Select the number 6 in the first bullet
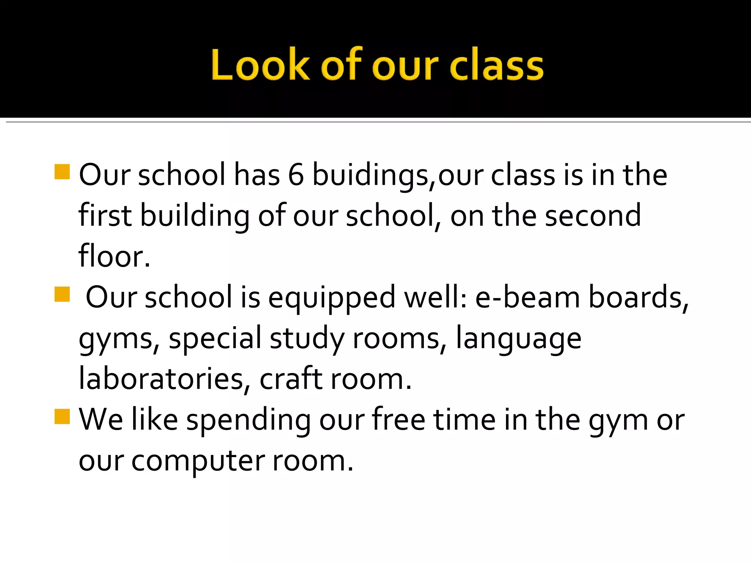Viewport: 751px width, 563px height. click(296, 175)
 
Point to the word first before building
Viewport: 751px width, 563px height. click(105, 215)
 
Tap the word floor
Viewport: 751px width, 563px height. click(114, 256)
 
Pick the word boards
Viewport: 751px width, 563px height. click(638, 297)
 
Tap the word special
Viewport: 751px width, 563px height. click(215, 338)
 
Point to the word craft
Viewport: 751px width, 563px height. click(291, 379)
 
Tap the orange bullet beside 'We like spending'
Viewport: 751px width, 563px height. click(62, 416)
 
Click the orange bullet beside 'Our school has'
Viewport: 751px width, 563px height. click(62, 172)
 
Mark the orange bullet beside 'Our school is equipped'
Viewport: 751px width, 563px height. click(62, 294)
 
